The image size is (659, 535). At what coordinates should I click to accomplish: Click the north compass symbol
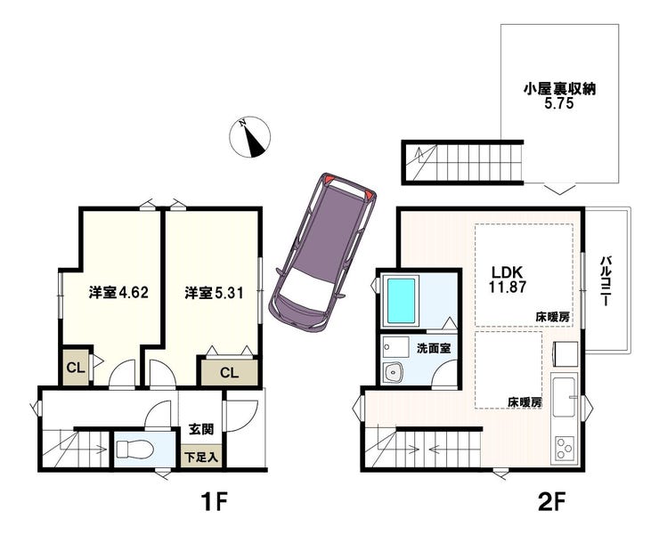pyautogui.click(x=249, y=137)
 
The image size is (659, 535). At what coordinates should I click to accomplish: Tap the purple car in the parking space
pyautogui.click(x=323, y=253)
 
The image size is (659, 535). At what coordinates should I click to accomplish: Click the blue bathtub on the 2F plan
pyautogui.click(x=401, y=301)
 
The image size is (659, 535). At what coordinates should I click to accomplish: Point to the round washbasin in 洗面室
pyautogui.click(x=394, y=371)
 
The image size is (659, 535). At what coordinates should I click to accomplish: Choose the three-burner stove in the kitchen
pyautogui.click(x=565, y=449)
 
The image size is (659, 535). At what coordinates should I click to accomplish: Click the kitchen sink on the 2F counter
pyautogui.click(x=565, y=396)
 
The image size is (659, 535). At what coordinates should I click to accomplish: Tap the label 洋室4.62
pyautogui.click(x=118, y=293)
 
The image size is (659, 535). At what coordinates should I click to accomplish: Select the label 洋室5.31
pyautogui.click(x=215, y=293)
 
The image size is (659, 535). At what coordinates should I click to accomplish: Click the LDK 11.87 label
pyautogui.click(x=508, y=279)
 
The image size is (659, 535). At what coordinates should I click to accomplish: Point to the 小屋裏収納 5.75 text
pyautogui.click(x=559, y=96)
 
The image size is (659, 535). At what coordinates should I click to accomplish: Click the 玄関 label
pyautogui.click(x=201, y=429)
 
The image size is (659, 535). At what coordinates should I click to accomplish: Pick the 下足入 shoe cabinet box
pyautogui.click(x=202, y=457)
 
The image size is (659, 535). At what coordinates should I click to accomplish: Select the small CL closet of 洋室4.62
pyautogui.click(x=76, y=369)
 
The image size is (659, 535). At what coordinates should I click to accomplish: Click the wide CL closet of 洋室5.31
pyautogui.click(x=230, y=372)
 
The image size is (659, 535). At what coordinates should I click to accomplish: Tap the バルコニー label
pyautogui.click(x=606, y=280)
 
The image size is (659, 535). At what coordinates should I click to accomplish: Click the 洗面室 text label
pyautogui.click(x=434, y=348)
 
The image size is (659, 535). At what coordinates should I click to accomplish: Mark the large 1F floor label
pyautogui.click(x=214, y=502)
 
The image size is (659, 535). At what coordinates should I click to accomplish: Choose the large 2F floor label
pyautogui.click(x=551, y=502)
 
